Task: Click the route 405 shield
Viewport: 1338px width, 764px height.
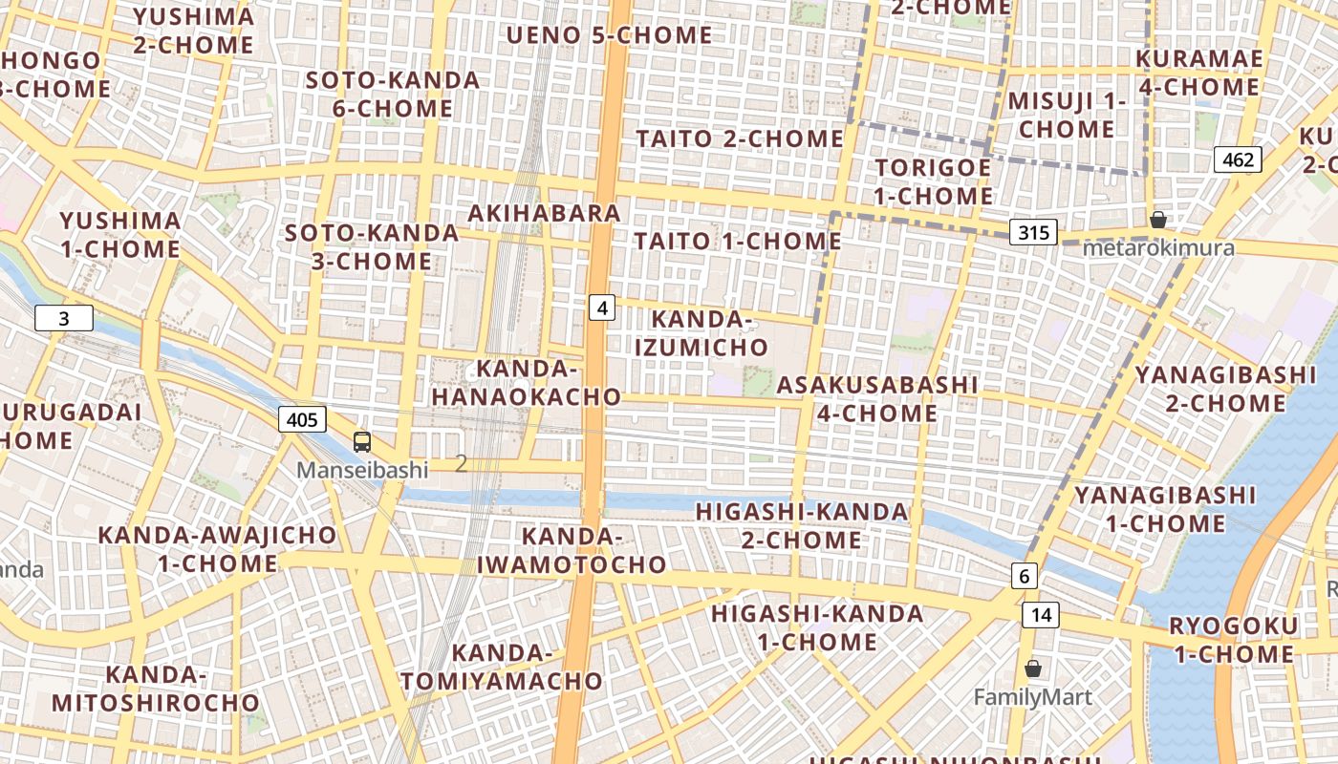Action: [302, 419]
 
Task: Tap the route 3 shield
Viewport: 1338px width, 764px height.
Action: [64, 318]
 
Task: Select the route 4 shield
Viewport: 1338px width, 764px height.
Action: [601, 308]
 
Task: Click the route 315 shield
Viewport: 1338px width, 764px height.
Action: [1033, 232]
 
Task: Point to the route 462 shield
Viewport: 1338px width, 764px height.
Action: [1238, 159]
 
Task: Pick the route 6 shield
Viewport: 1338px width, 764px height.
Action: [1024, 576]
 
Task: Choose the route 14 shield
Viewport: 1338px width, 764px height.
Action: [1040, 615]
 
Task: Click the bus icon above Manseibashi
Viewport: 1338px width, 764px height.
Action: [362, 441]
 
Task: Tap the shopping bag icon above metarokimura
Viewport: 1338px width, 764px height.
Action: [1157, 220]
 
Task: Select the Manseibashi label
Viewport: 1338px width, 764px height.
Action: [362, 470]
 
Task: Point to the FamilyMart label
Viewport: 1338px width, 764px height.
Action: [1032, 697]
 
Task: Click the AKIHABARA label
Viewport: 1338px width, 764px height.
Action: [544, 213]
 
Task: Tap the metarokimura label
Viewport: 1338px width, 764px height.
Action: [1158, 248]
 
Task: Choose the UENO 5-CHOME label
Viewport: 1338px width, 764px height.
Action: [609, 35]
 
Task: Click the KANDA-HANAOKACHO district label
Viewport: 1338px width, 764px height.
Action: [526, 382]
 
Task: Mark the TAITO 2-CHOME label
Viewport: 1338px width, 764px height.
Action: [740, 138]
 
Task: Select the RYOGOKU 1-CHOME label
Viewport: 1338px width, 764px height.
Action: [1234, 641]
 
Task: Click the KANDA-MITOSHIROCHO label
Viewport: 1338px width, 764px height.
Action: [156, 689]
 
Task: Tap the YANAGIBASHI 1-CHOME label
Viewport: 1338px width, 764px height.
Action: [1165, 509]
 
